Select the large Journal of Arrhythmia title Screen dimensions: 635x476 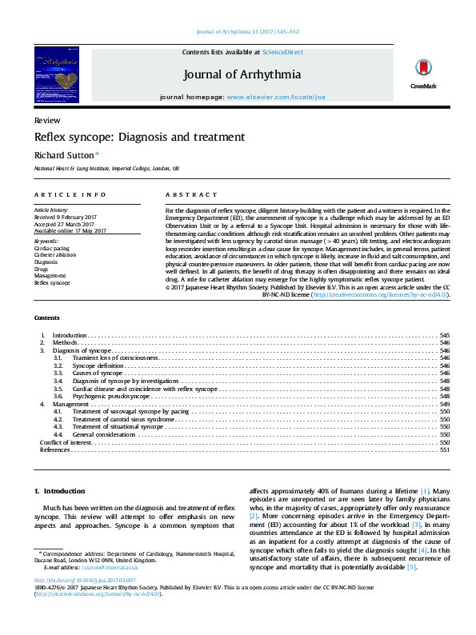click(242, 74)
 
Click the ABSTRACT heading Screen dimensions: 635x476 click(191, 195)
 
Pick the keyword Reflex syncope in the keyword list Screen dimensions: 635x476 click(52, 282)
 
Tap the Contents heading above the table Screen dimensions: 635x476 click(46, 317)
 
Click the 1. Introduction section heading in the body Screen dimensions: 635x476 click(59, 490)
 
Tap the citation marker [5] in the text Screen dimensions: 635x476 click(411, 567)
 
